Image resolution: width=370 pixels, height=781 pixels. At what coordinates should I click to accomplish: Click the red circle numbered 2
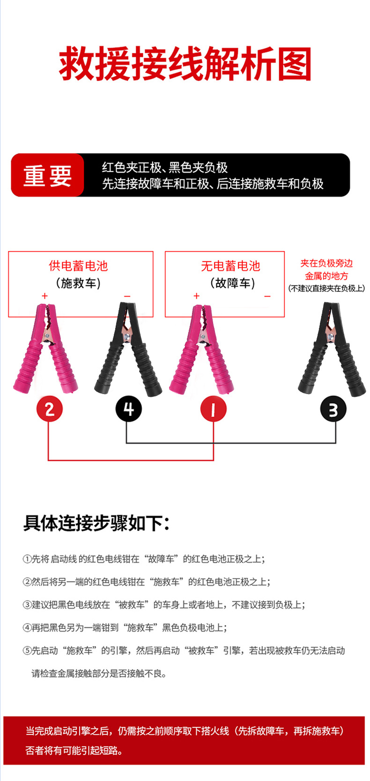pyautogui.click(x=50, y=409)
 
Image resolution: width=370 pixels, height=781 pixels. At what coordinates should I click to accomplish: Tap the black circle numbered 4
pyautogui.click(x=128, y=409)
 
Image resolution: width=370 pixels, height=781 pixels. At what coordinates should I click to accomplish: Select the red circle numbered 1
pyautogui.click(x=213, y=409)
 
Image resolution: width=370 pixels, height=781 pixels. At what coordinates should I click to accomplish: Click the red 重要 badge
pyautogui.click(x=47, y=176)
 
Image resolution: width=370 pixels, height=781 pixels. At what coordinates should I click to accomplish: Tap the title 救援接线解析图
pyautogui.click(x=185, y=64)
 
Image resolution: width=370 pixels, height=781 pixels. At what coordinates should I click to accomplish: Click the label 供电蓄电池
pyautogui.click(x=79, y=266)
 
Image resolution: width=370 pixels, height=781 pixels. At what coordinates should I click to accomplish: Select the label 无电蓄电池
pyautogui.click(x=230, y=266)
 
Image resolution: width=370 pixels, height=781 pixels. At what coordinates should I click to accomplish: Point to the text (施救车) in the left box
pyautogui.click(x=79, y=283)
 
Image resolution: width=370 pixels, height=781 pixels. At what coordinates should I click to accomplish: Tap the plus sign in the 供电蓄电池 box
pyautogui.click(x=45, y=296)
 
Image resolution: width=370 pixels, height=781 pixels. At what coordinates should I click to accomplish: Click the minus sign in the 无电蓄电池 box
pyautogui.click(x=267, y=296)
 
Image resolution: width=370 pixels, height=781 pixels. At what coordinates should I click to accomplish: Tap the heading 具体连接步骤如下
pyautogui.click(x=96, y=523)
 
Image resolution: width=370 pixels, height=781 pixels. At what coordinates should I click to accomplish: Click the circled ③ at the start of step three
pyautogui.click(x=27, y=605)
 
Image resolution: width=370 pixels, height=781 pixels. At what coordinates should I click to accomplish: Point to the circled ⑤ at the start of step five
pyautogui.click(x=27, y=651)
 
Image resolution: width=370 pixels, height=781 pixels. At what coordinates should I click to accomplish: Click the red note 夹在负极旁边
pyautogui.click(x=326, y=263)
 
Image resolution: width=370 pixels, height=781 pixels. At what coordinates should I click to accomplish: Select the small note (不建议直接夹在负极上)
pyautogui.click(x=326, y=288)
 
